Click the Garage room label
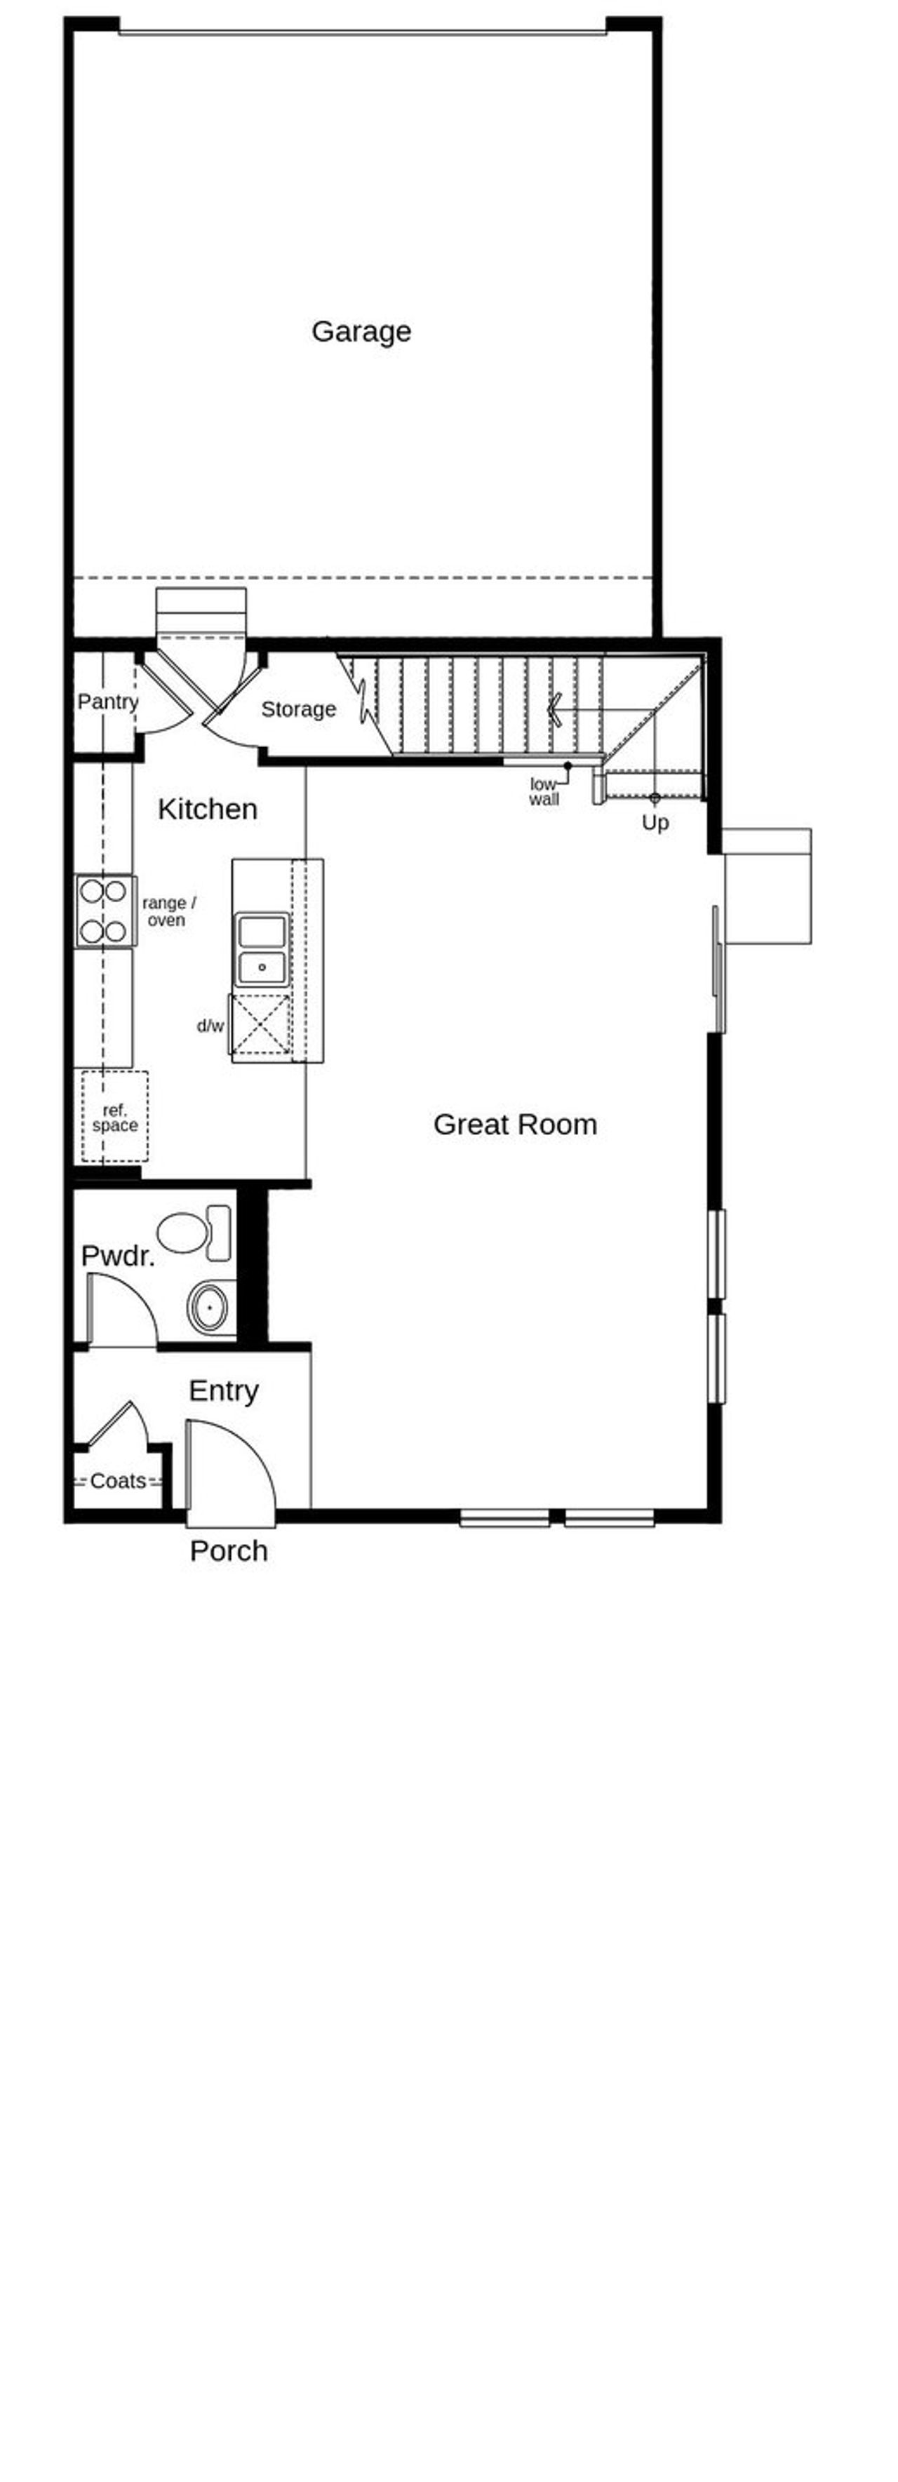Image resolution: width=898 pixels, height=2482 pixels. click(361, 331)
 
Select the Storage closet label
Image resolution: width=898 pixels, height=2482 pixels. click(299, 709)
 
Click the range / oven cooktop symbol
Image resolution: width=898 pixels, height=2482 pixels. click(104, 911)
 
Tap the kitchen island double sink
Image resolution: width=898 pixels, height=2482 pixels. click(262, 949)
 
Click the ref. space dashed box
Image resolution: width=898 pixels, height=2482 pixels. click(114, 1117)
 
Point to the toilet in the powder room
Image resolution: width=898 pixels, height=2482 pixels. click(193, 1231)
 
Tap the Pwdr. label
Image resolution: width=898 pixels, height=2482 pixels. click(118, 1256)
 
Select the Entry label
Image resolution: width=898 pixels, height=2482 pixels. click(224, 1390)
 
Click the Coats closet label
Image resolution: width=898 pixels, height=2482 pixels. click(118, 1481)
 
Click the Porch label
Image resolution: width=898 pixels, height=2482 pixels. click(228, 1550)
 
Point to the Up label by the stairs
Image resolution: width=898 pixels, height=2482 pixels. click(655, 823)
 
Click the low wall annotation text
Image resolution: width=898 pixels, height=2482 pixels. click(544, 791)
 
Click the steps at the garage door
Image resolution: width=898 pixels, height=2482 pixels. click(201, 611)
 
